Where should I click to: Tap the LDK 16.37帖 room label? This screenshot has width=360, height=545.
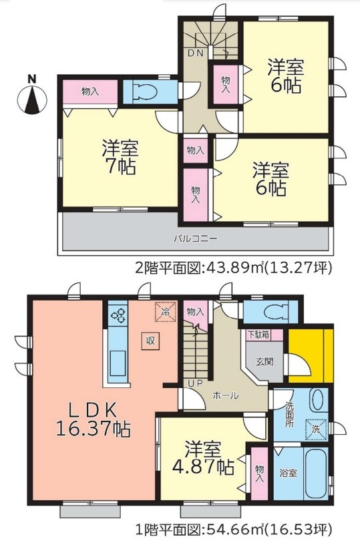pyautogui.click(x=93, y=419)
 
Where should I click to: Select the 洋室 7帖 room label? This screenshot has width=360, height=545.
pyautogui.click(x=120, y=158)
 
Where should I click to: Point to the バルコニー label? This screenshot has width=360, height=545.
pyautogui.click(x=196, y=239)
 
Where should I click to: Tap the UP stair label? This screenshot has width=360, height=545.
pyautogui.click(x=195, y=384)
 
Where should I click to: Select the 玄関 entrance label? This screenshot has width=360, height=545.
pyautogui.click(x=264, y=362)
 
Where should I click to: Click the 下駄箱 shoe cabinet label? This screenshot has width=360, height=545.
pyautogui.click(x=258, y=335)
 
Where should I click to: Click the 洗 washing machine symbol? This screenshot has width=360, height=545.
pyautogui.click(x=316, y=429)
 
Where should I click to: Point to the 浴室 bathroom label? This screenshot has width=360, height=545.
pyautogui.click(x=289, y=473)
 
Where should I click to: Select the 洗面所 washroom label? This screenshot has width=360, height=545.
pyautogui.click(x=290, y=415)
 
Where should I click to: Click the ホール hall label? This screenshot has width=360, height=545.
pyautogui.click(x=226, y=395)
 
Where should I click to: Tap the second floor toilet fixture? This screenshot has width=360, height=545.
pyautogui.click(x=146, y=92)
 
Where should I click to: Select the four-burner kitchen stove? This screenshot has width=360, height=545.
pyautogui.click(x=118, y=315)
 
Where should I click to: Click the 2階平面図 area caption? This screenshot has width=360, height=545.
pyautogui.click(x=234, y=268)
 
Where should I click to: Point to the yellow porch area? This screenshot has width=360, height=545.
pyautogui.click(x=311, y=355)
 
